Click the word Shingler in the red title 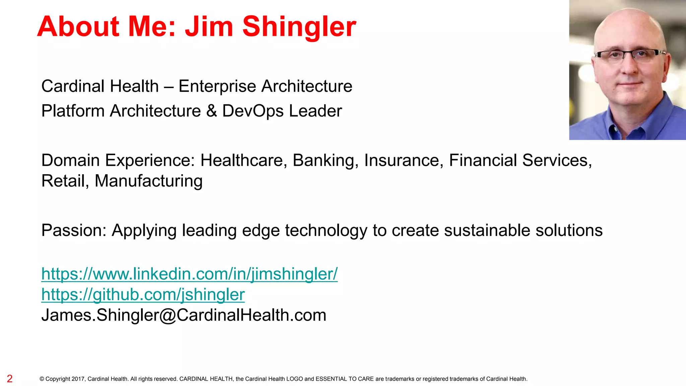point(299,27)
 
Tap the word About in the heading point(78,27)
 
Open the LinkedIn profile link point(189,274)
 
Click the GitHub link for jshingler point(143,295)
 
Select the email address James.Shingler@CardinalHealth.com point(184,315)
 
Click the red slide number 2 point(10,379)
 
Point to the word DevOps point(253,111)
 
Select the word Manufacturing point(148,181)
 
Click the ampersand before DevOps point(212,111)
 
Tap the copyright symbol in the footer point(42,379)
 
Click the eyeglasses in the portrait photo point(630,55)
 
